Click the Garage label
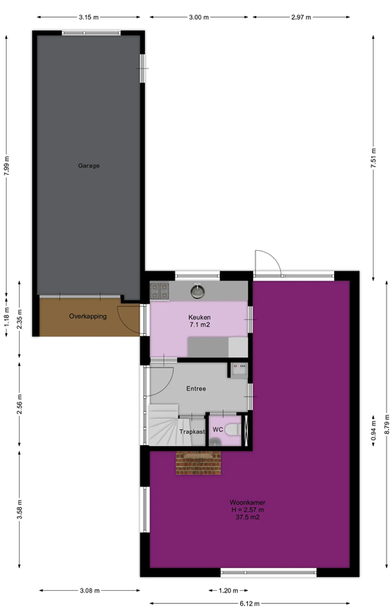click(88, 165)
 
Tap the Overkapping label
click(88, 316)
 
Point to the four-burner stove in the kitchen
click(160, 290)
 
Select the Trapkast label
click(191, 432)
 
